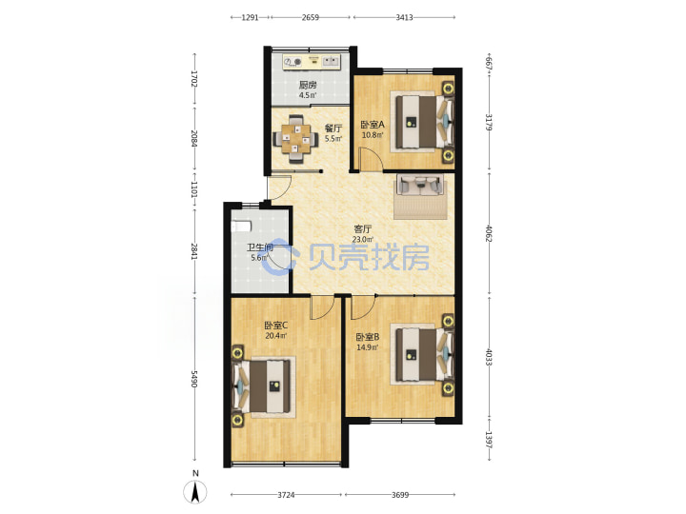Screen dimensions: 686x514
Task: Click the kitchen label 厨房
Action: pyautogui.click(x=307, y=85)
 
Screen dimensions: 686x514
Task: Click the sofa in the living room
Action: pyautogui.click(x=420, y=185)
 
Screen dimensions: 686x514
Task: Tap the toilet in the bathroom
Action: pyautogui.click(x=241, y=227)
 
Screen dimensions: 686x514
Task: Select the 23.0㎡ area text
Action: pyautogui.click(x=363, y=239)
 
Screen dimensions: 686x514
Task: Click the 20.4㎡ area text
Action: pyautogui.click(x=275, y=336)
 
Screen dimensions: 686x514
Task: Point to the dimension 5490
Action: pyautogui.click(x=194, y=379)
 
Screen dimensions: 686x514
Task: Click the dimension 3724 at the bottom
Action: pyautogui.click(x=286, y=495)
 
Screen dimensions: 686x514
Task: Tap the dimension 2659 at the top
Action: pyautogui.click(x=311, y=17)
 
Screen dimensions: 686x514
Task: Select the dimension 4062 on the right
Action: pyautogui.click(x=489, y=234)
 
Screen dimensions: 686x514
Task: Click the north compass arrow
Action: pyautogui.click(x=195, y=491)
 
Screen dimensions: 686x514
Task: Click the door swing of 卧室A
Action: pyautogui.click(x=371, y=159)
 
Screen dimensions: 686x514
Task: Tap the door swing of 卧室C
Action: pyautogui.click(x=322, y=307)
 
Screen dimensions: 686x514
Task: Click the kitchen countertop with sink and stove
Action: pyautogui.click(x=311, y=62)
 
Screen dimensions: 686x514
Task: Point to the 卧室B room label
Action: pyautogui.click(x=367, y=337)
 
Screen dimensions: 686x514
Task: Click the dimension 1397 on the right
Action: pyautogui.click(x=489, y=440)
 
